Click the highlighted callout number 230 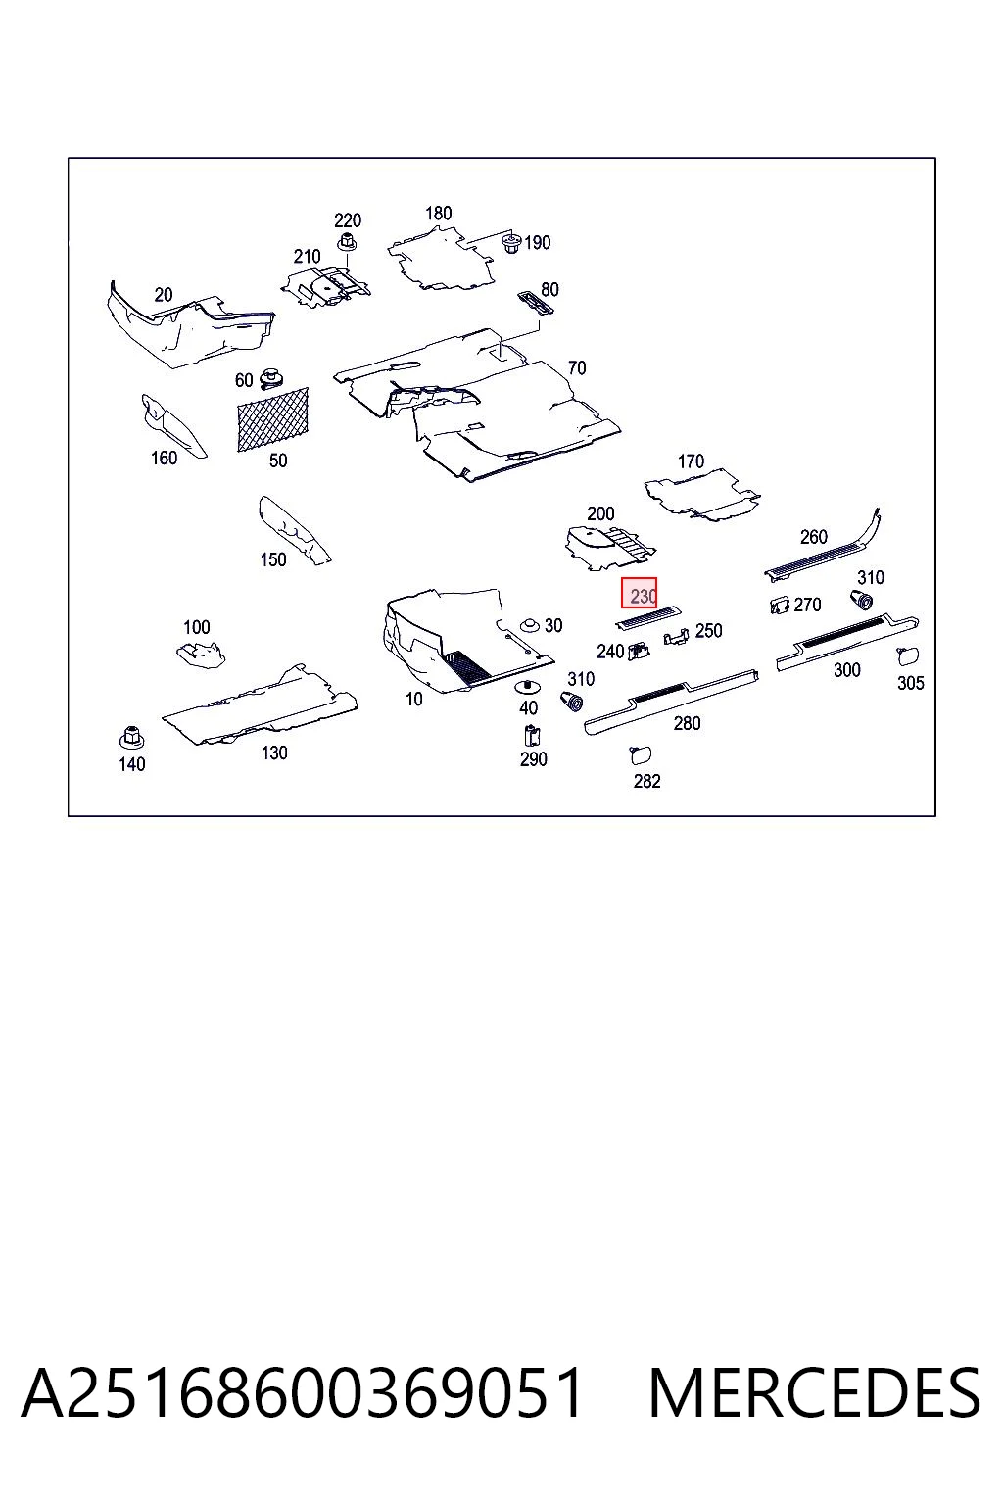[x=642, y=596]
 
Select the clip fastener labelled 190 [x=512, y=243]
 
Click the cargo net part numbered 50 [x=272, y=419]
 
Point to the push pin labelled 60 [x=270, y=379]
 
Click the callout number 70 [x=576, y=368]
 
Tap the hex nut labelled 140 [x=130, y=737]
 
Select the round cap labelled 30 [x=529, y=625]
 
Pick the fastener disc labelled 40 [x=528, y=687]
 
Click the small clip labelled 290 [x=532, y=736]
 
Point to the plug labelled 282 [x=641, y=755]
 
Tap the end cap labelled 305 [x=908, y=655]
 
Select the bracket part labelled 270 [x=780, y=605]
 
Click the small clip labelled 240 [x=639, y=651]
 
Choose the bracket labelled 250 [x=677, y=636]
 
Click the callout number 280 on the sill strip [x=687, y=723]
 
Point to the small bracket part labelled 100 [x=200, y=655]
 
